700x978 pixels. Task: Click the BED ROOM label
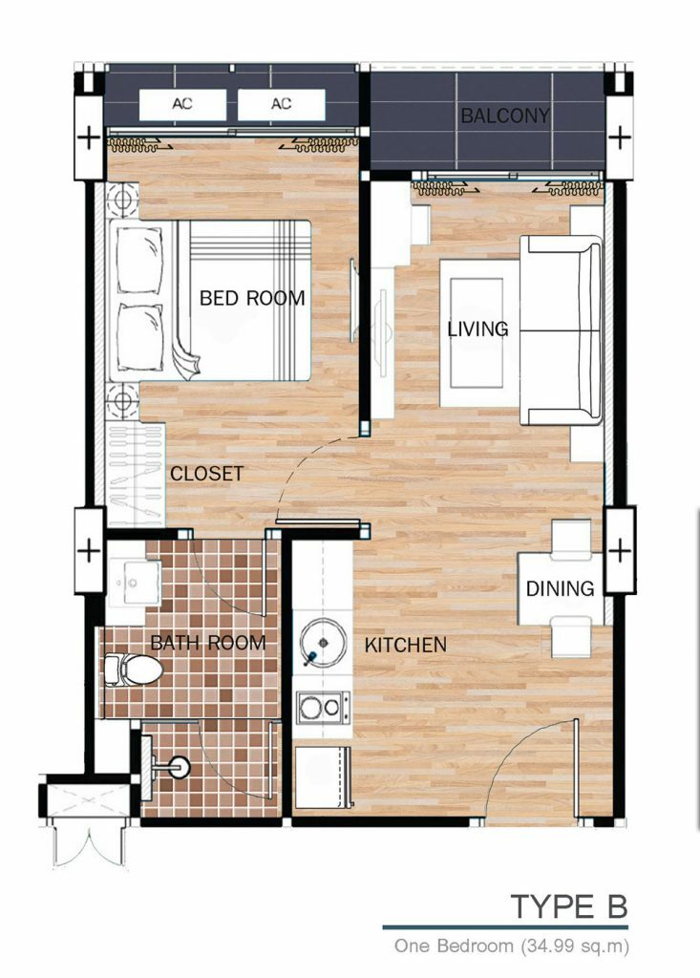pyautogui.click(x=252, y=298)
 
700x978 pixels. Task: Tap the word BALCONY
pyautogui.click(x=505, y=116)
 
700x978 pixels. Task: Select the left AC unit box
pyautogui.click(x=182, y=104)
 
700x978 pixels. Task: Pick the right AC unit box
pyautogui.click(x=282, y=104)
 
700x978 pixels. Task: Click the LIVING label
pyautogui.click(x=477, y=329)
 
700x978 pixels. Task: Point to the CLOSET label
pyautogui.click(x=206, y=474)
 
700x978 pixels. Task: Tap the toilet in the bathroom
pyautogui.click(x=134, y=670)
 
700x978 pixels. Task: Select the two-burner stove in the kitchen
pyautogui.click(x=323, y=708)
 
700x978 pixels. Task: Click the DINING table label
pyautogui.click(x=560, y=588)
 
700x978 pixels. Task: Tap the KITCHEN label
pyautogui.click(x=406, y=645)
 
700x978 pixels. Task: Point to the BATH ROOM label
pyautogui.click(x=208, y=643)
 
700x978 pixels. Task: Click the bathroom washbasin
pyautogui.click(x=135, y=582)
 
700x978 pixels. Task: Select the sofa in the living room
pyautogui.click(x=561, y=330)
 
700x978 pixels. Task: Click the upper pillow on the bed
pyautogui.click(x=139, y=260)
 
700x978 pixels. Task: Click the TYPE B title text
pyautogui.click(x=568, y=906)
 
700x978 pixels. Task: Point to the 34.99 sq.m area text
pyautogui.click(x=574, y=946)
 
